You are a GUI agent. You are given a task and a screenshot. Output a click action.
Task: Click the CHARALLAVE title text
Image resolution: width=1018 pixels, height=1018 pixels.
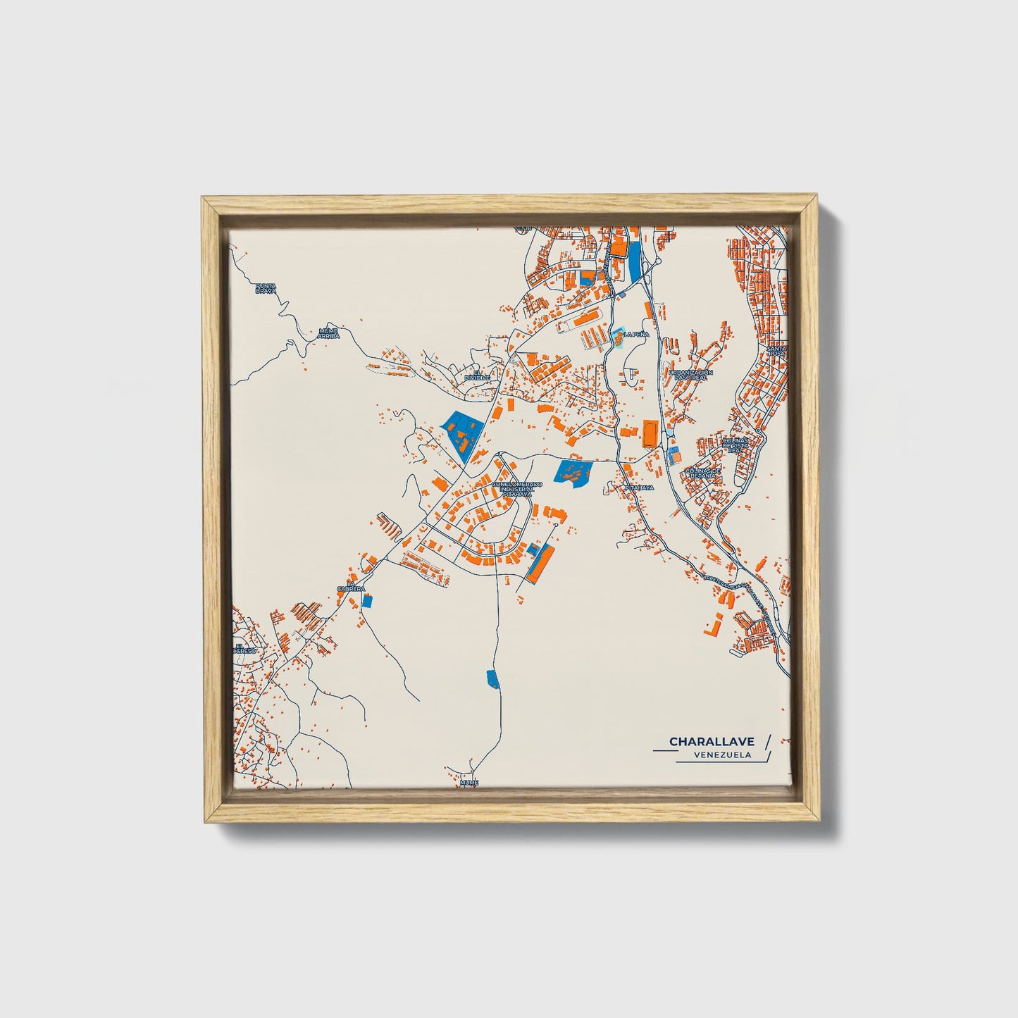712,741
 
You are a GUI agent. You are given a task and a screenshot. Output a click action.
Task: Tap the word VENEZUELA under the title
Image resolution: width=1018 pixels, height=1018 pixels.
721,755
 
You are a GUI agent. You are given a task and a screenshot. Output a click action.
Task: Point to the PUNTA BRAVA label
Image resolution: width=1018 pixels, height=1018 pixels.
266,287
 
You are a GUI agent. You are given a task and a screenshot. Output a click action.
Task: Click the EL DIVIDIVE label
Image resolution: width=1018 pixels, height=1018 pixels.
476,375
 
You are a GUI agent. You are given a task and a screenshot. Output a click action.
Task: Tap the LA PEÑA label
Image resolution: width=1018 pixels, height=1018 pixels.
635,335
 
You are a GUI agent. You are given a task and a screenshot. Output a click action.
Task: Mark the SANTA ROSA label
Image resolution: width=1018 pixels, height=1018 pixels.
778,350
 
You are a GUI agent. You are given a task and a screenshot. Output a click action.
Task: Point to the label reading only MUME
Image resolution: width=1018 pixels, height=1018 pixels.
468,783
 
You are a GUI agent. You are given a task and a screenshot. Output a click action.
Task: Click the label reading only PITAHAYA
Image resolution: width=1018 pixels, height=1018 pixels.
639,487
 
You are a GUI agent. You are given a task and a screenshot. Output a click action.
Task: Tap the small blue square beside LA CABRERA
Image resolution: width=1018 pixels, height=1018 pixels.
366,600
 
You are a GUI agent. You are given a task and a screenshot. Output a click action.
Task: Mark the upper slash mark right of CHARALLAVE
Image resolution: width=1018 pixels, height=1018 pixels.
768,740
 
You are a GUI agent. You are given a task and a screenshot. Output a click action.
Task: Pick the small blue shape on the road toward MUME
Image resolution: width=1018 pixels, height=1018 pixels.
492,679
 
